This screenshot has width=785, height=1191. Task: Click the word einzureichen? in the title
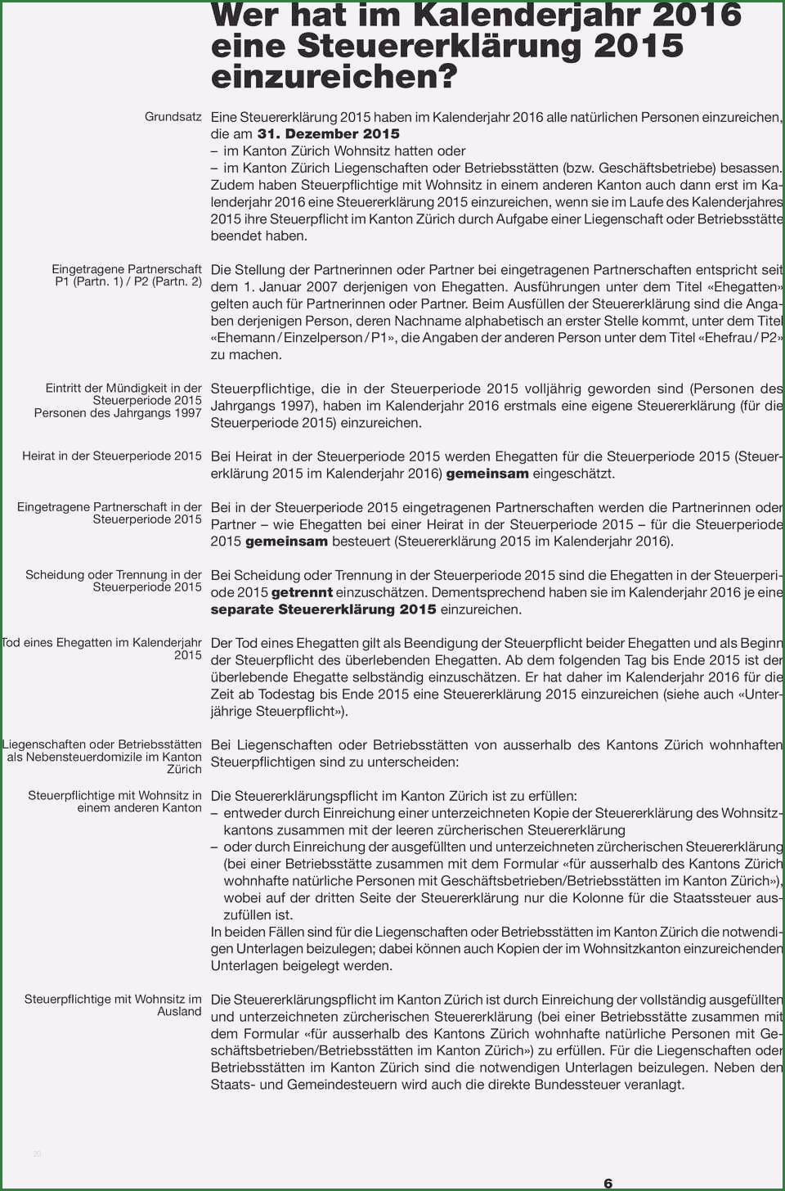click(x=334, y=78)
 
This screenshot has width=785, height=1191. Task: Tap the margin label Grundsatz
click(x=173, y=117)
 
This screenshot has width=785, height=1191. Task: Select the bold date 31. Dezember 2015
click(x=328, y=134)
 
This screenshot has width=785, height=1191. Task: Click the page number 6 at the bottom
click(x=608, y=1183)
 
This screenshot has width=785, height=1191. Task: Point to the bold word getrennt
click(x=302, y=592)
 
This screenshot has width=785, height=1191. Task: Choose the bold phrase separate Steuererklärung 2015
click(x=323, y=609)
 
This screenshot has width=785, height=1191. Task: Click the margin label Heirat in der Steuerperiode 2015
click(x=111, y=456)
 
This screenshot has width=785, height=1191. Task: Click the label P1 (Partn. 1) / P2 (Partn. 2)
click(x=128, y=281)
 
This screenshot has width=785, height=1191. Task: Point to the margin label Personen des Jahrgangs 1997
click(x=118, y=413)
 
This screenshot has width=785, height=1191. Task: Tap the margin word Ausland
click(x=179, y=1012)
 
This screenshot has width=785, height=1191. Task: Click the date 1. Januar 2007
click(x=289, y=287)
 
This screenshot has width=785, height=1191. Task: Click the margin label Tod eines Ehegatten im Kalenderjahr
click(x=101, y=643)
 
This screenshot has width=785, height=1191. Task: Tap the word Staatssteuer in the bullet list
click(x=711, y=898)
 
